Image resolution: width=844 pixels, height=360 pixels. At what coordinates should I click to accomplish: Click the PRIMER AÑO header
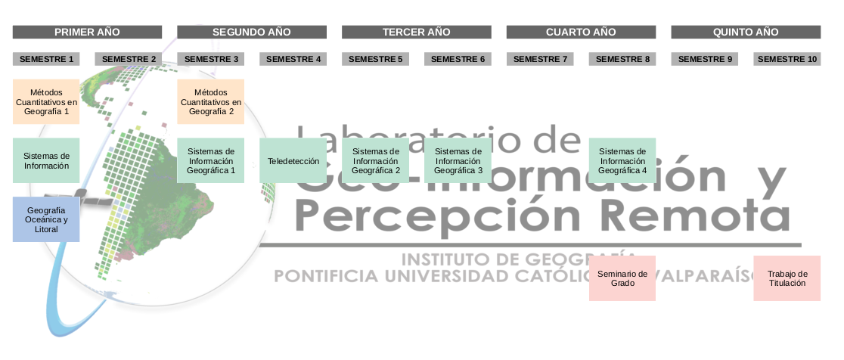pos(87,32)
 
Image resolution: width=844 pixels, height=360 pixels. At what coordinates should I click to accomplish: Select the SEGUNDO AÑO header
pos(252,32)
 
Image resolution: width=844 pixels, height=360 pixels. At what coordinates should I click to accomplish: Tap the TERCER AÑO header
pos(416,32)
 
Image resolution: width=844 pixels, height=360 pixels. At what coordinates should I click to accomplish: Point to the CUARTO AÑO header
pos(581,32)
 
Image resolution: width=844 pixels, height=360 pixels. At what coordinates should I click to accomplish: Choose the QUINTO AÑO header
pos(746,32)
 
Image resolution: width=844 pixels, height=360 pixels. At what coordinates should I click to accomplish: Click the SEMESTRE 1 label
pos(46,59)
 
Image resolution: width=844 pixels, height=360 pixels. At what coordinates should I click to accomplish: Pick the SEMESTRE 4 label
pos(293,59)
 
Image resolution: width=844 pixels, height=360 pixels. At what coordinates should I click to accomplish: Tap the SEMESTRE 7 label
pos(540,59)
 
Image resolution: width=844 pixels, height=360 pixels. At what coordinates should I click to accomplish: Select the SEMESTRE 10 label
pos(787,59)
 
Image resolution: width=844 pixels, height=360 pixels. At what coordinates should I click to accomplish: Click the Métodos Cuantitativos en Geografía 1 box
pos(46,101)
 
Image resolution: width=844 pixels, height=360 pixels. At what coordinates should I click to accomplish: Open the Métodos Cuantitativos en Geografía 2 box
pos(211,101)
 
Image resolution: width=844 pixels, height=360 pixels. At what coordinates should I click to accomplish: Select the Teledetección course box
pos(293,160)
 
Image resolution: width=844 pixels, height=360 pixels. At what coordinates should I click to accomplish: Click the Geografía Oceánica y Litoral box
pos(46,219)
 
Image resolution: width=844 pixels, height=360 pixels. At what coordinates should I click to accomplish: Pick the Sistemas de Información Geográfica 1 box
pos(211,160)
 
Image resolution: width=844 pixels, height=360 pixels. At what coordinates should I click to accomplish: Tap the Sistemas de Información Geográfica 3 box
pos(458,160)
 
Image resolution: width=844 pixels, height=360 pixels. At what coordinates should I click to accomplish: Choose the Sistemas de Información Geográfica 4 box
pos(622,160)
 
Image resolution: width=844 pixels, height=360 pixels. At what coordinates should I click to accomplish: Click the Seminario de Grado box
pos(622,278)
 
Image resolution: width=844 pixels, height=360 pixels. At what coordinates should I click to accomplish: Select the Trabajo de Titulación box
pos(787,278)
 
